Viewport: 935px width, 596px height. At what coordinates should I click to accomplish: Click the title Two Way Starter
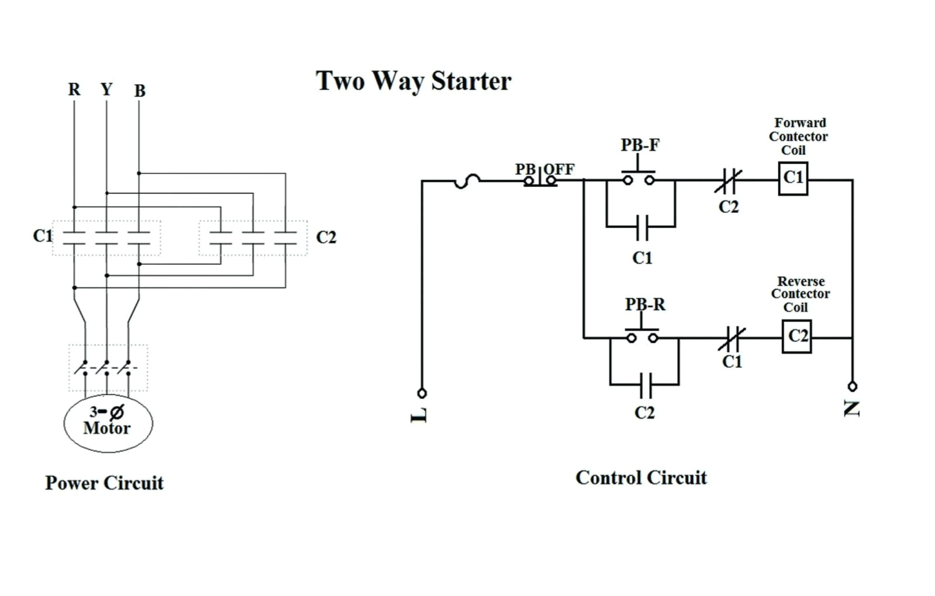413,81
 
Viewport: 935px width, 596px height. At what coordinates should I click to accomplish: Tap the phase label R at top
74,89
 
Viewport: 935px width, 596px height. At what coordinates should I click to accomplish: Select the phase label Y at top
106,89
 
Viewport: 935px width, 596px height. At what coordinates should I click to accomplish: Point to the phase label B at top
140,91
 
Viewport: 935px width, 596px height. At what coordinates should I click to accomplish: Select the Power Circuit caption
104,483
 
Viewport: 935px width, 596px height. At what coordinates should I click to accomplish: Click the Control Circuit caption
640,478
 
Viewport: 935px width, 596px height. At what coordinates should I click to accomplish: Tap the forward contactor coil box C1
793,178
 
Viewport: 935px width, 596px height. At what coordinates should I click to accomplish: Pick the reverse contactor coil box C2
797,336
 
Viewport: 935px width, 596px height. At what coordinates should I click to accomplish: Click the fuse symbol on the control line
467,181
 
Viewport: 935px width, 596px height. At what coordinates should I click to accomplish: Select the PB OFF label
544,169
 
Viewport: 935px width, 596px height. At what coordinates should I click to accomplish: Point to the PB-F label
640,145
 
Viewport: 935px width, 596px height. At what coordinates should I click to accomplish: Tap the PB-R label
645,304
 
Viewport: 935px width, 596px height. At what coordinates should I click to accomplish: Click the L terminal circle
422,393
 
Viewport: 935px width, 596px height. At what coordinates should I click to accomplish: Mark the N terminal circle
852,387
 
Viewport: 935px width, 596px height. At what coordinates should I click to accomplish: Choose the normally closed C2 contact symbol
728,181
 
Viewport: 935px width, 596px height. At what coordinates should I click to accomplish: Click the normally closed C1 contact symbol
731,338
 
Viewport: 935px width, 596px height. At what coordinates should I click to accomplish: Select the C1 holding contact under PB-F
642,227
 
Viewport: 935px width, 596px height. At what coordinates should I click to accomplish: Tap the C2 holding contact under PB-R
645,384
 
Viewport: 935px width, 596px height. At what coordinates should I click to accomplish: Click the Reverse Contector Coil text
800,294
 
